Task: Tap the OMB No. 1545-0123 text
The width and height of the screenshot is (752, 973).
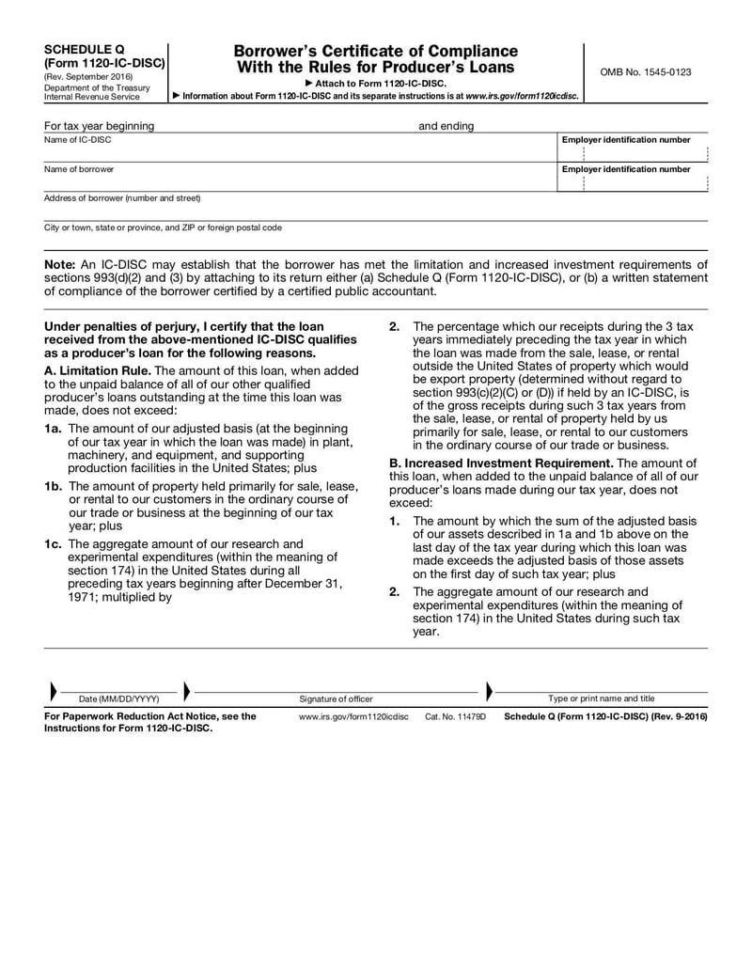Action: (x=645, y=72)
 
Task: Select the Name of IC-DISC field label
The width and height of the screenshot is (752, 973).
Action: (x=77, y=140)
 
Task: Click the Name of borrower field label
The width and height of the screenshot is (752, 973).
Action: (x=79, y=169)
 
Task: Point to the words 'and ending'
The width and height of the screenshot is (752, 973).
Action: (x=446, y=126)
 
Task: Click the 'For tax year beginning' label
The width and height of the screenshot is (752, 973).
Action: (x=100, y=126)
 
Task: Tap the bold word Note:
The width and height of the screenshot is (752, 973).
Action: (x=60, y=265)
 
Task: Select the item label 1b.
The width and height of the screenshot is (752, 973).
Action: (x=54, y=486)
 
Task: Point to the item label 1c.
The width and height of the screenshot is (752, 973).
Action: (x=54, y=543)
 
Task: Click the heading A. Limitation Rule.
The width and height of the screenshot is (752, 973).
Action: (x=98, y=370)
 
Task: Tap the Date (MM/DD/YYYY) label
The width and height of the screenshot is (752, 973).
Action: (x=118, y=698)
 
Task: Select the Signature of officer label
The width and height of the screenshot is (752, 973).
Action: (x=336, y=698)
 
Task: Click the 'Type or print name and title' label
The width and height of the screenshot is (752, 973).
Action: (x=602, y=698)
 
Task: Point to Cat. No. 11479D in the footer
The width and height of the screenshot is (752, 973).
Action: (x=455, y=716)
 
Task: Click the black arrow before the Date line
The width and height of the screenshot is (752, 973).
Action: (x=52, y=691)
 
